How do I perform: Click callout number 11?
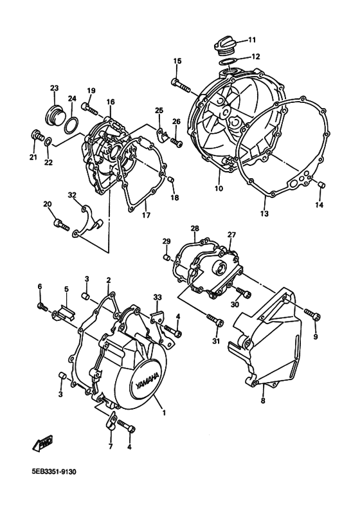pos(251,39)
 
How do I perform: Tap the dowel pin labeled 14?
pos(323,187)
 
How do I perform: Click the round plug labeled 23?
pos(53,118)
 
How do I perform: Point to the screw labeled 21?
pos(37,135)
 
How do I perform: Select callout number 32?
pos(72,195)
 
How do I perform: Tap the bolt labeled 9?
pos(311,315)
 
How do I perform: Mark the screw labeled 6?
pos(42,306)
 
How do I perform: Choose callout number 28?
pos(194,228)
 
